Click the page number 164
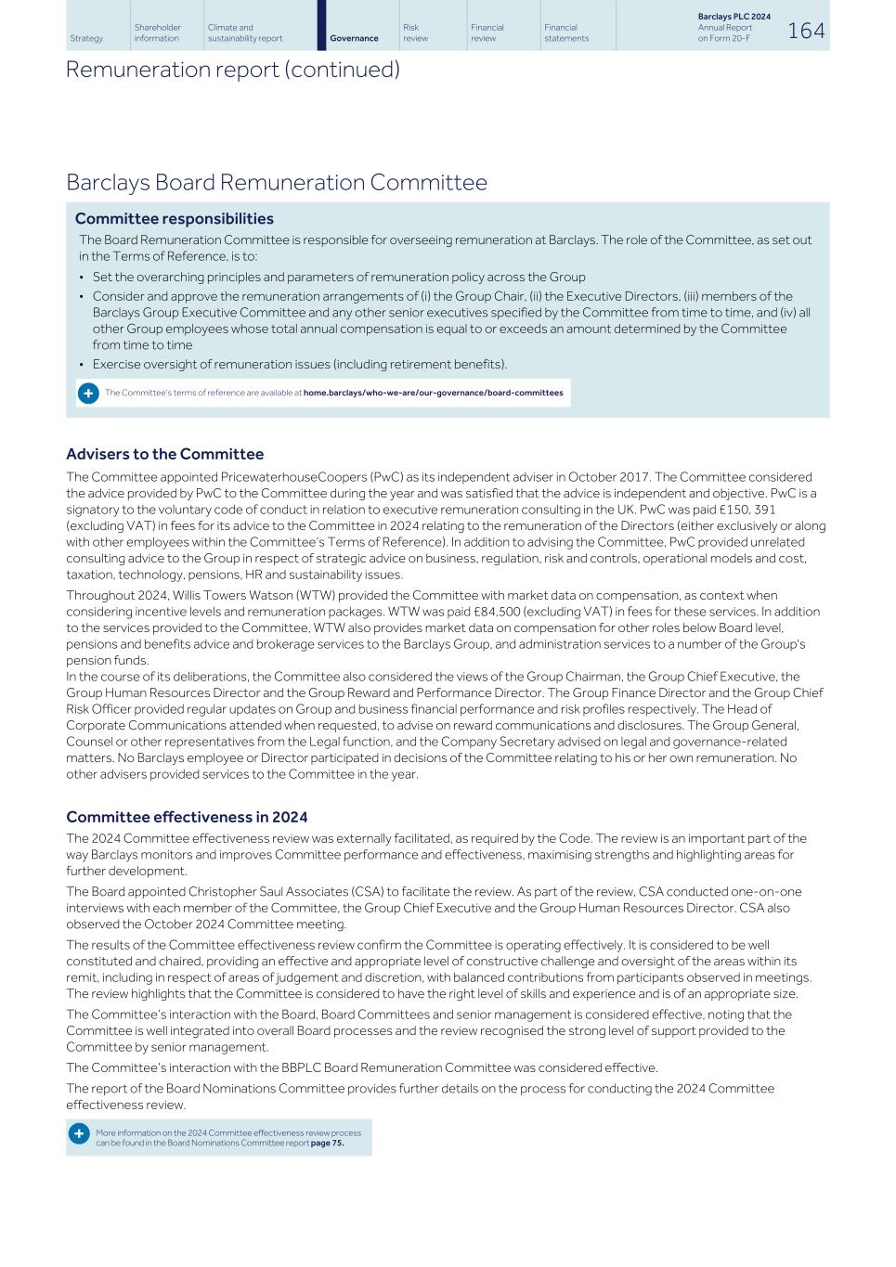[805, 31]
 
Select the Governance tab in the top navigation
[354, 38]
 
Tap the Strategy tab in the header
[86, 38]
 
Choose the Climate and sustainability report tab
[245, 32]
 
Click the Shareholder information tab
[157, 32]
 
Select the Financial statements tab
[566, 32]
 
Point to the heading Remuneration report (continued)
[232, 70]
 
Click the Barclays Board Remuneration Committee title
[276, 182]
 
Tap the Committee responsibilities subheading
[174, 219]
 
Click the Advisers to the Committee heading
[164, 454]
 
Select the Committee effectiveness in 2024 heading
[187, 817]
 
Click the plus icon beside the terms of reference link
[87, 393]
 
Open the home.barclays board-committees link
[433, 393]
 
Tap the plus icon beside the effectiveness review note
[79, 1134]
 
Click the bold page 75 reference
[327, 1143]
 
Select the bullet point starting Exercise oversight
[299, 364]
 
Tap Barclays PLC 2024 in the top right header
[734, 17]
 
